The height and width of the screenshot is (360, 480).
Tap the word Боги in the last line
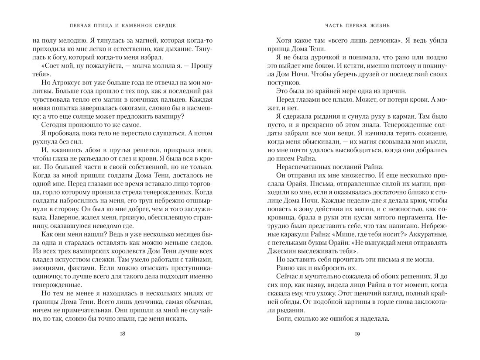[x=285, y=319]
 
